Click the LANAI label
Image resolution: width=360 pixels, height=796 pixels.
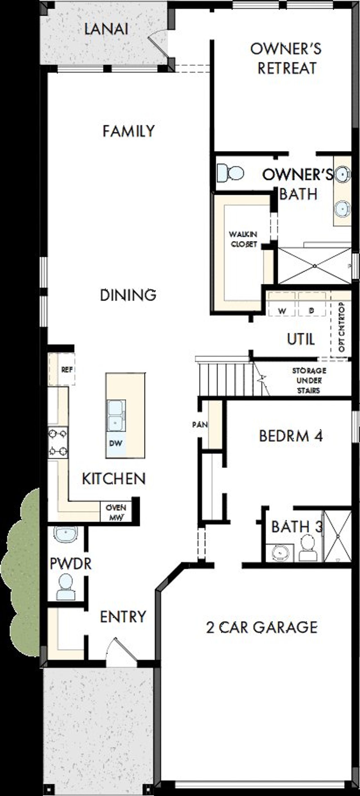click(x=106, y=29)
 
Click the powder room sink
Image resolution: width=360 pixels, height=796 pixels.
click(x=66, y=534)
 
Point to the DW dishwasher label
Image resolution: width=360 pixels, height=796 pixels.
click(x=116, y=443)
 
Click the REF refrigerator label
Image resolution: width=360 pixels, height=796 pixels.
click(x=67, y=369)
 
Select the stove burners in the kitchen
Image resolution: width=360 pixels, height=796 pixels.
click(x=58, y=443)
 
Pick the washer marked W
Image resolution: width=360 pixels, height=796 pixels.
click(x=282, y=311)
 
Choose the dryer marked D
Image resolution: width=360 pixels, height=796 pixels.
click(x=312, y=311)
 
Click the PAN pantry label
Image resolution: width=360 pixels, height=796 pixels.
click(x=200, y=424)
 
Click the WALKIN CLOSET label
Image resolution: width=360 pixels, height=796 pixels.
click(x=243, y=239)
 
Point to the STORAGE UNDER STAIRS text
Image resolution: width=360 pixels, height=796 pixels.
click(x=309, y=380)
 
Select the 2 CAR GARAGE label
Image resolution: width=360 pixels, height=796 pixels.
click(x=262, y=627)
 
